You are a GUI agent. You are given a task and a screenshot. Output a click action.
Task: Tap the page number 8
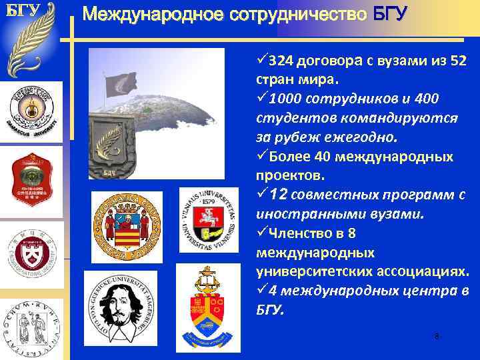coord(437,337)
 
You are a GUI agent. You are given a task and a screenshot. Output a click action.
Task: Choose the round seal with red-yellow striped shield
coord(126,226)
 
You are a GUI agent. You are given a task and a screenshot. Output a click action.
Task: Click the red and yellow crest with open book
coord(207,304)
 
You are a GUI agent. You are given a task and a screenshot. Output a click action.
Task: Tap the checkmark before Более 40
coord(261,157)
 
